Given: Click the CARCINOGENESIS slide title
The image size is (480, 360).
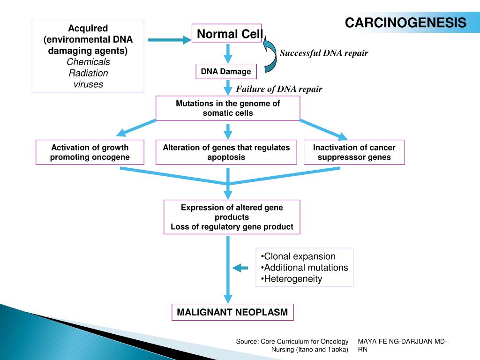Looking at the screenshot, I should (x=406, y=22).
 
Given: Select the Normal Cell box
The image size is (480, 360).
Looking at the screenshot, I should (x=227, y=34).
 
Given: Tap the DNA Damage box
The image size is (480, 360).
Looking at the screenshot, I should (x=226, y=72).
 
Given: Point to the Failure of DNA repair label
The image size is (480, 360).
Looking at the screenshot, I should (x=279, y=89).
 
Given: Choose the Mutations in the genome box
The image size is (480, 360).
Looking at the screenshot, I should (x=228, y=108).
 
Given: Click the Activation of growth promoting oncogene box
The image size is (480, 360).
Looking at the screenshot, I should (x=90, y=152).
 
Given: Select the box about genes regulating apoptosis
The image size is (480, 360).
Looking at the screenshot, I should (x=226, y=152).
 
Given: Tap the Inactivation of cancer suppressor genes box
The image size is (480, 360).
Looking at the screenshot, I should (x=354, y=152).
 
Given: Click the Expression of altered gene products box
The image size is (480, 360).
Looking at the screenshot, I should (x=232, y=217).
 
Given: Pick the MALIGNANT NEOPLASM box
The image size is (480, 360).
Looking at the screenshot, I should (x=232, y=312).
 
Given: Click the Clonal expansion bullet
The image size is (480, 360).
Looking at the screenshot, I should (x=298, y=256).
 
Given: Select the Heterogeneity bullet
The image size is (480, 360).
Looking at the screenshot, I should (x=291, y=279).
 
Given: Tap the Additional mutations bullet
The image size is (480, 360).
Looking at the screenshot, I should (x=304, y=268).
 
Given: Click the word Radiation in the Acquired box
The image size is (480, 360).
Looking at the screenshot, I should (x=88, y=73).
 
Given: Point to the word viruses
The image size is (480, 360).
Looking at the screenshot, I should (x=88, y=84).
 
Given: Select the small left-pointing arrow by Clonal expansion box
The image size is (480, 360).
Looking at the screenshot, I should (x=241, y=268).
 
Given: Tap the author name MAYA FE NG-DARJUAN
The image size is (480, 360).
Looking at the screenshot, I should (x=402, y=342).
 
